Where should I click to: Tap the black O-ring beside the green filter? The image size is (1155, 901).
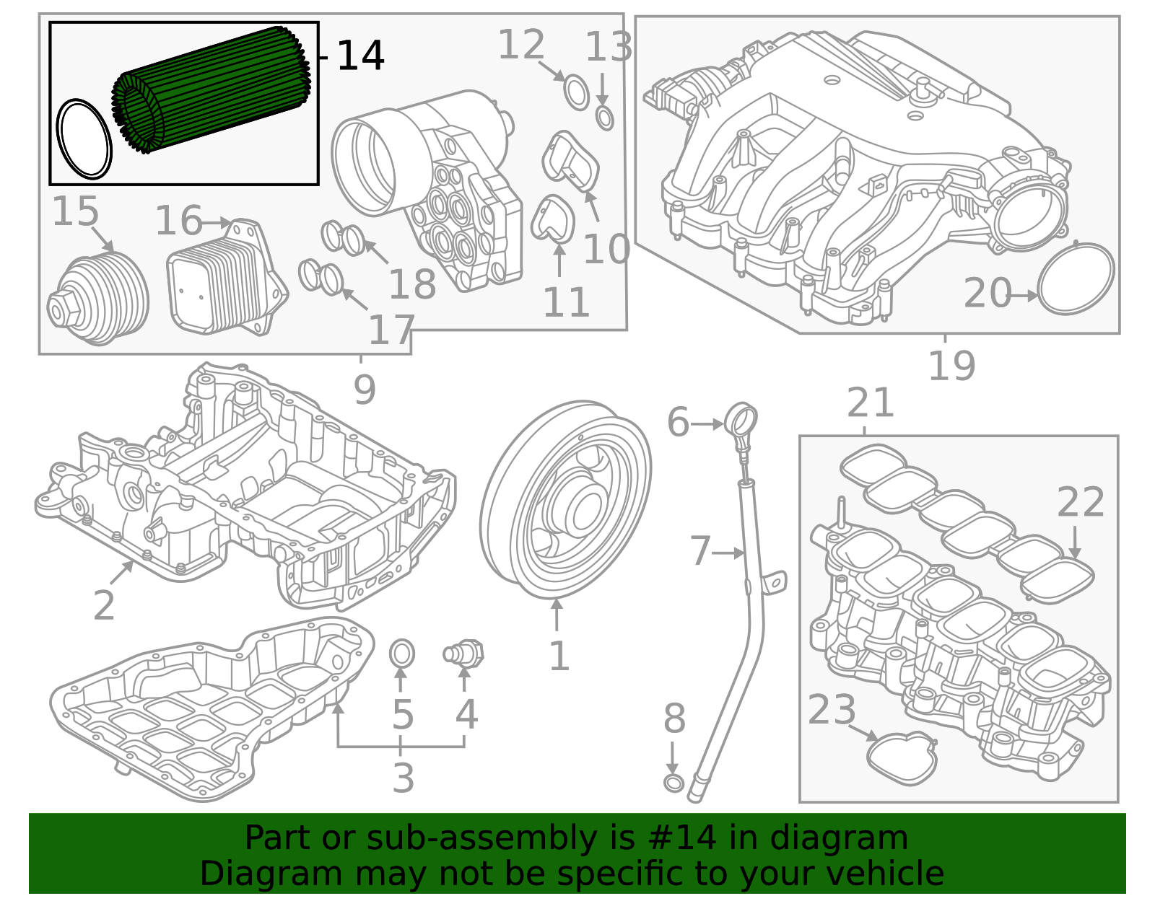tap(84, 139)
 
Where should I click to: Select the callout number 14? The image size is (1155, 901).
tap(360, 56)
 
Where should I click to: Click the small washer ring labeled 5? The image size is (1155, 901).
tap(402, 654)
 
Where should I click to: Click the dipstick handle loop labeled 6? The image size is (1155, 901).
tap(742, 420)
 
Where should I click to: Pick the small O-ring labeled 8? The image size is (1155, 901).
tap(673, 783)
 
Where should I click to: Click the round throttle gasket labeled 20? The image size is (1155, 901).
tap(1076, 278)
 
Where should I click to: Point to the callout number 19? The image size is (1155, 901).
tap(951, 366)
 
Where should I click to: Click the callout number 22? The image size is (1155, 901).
tap(1081, 503)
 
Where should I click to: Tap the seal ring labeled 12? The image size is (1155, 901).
tap(576, 93)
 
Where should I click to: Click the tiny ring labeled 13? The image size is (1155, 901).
tap(605, 117)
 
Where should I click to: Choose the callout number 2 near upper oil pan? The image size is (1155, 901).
tap(104, 605)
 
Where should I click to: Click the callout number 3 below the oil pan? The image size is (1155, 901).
tap(404, 778)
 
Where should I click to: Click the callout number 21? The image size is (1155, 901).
tap(871, 403)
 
